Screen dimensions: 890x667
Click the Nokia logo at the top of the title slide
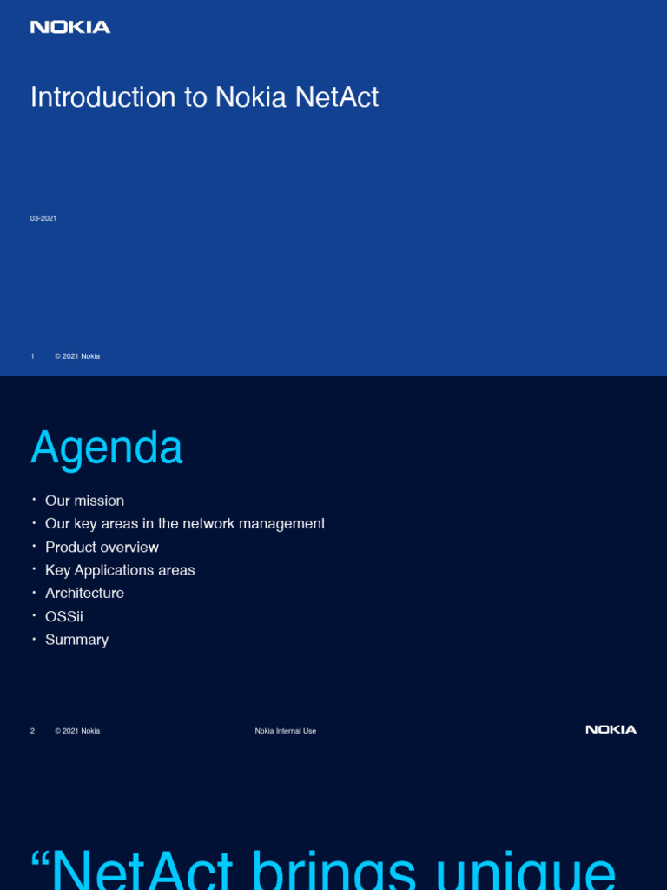(70, 27)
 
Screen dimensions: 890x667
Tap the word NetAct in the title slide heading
(337, 97)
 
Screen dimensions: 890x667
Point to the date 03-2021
(43, 218)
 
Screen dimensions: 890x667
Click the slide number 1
(32, 356)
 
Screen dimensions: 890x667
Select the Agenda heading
(107, 448)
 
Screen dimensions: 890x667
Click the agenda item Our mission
(84, 501)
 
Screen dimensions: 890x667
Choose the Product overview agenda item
(102, 548)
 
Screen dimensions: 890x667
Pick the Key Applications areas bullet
(120, 570)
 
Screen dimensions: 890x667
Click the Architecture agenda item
(84, 593)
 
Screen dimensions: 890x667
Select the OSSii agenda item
(64, 616)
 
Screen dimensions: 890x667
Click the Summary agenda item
(76, 640)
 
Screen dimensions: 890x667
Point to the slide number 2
(32, 731)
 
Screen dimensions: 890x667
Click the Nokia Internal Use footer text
(285, 731)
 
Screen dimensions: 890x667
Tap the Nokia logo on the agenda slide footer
(611, 729)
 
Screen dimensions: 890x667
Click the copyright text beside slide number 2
(77, 731)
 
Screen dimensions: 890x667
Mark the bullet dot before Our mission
(34, 500)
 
